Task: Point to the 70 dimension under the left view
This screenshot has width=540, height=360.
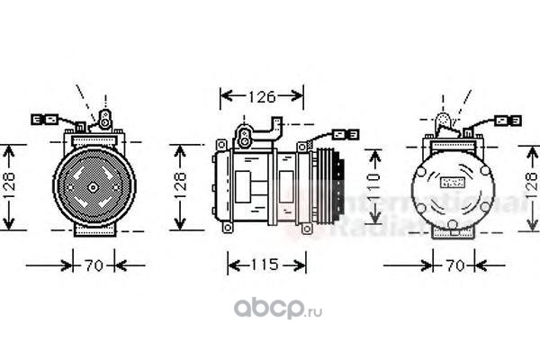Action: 94,265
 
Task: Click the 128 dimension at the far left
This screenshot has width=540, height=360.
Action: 9,186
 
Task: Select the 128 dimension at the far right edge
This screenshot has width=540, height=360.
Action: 530,186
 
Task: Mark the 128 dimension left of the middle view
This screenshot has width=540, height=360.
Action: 183,186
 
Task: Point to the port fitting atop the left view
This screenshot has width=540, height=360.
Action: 104,118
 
